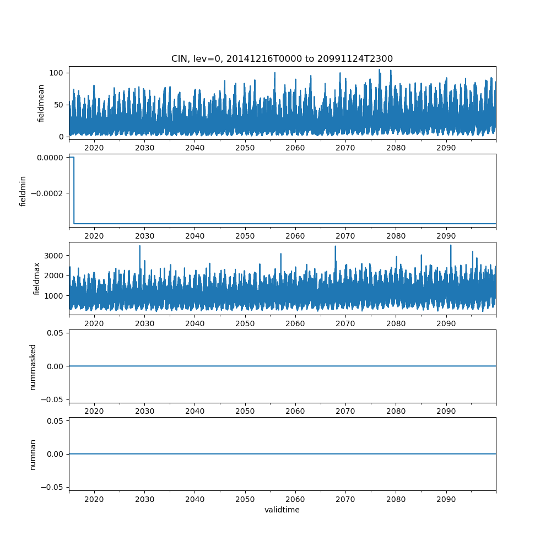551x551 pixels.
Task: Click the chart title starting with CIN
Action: tap(282, 59)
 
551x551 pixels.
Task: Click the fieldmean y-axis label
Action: tap(41, 104)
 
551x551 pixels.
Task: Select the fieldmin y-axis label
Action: tap(23, 191)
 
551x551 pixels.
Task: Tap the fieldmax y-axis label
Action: tap(37, 279)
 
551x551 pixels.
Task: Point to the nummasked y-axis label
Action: tap(33, 366)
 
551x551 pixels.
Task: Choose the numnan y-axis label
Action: tap(33, 454)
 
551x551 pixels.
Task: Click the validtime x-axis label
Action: tap(282, 510)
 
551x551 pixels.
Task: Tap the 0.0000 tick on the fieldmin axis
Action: tap(48, 158)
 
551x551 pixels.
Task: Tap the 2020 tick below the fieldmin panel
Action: tap(94, 236)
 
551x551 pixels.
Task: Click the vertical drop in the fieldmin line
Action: tap(74, 190)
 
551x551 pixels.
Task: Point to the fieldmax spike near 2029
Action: tap(140, 246)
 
